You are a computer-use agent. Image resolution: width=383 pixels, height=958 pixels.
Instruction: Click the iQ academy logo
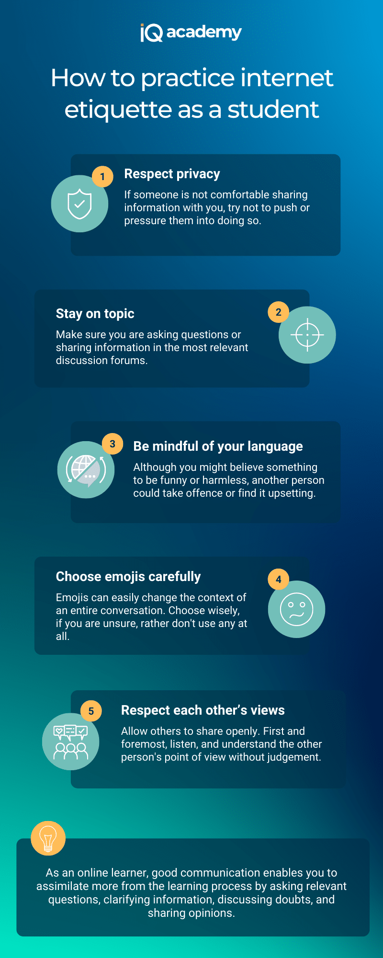pos(191,33)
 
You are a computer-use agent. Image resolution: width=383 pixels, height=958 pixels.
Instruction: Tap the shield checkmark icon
pos(79,204)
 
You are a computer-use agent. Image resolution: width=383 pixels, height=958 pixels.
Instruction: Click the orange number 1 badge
pos(102,177)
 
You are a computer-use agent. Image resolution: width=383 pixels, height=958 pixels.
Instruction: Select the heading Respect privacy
pos(172,174)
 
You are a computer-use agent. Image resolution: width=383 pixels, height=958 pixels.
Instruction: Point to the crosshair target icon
pos(307,335)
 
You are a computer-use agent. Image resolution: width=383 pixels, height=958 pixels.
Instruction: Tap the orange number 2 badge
pos(279,312)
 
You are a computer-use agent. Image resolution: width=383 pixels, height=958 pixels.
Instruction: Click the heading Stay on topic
pos(95,314)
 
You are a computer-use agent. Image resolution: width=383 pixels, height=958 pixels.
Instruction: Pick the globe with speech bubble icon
pos(86,470)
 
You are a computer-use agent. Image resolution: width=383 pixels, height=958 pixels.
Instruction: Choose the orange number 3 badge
pos(113,444)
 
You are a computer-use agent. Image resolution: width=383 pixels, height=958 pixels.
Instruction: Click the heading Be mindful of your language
pos(218,446)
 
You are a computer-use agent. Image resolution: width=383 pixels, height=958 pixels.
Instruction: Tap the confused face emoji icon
pos(296,609)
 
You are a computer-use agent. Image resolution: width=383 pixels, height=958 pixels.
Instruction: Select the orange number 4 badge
pos(279,580)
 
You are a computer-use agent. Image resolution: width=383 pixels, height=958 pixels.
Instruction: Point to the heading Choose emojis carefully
pos(128,577)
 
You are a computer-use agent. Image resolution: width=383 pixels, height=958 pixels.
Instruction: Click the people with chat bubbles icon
pos(71,742)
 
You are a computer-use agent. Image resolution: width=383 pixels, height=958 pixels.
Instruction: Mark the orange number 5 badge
pos(91,711)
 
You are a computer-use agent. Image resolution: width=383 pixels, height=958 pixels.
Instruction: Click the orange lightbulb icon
pos(48,838)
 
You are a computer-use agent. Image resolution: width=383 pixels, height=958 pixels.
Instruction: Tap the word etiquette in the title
pos(118,110)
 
